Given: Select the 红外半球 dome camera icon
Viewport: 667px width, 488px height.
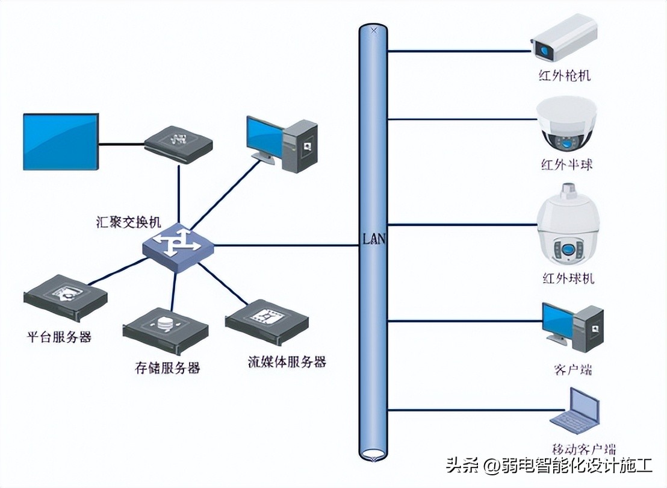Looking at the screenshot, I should point(566,125).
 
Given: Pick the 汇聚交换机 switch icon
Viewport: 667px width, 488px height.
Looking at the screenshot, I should point(178,244).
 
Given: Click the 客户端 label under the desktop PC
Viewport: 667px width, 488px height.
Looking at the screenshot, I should point(571,368).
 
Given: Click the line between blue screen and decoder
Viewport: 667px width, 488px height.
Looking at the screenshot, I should point(121,145).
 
